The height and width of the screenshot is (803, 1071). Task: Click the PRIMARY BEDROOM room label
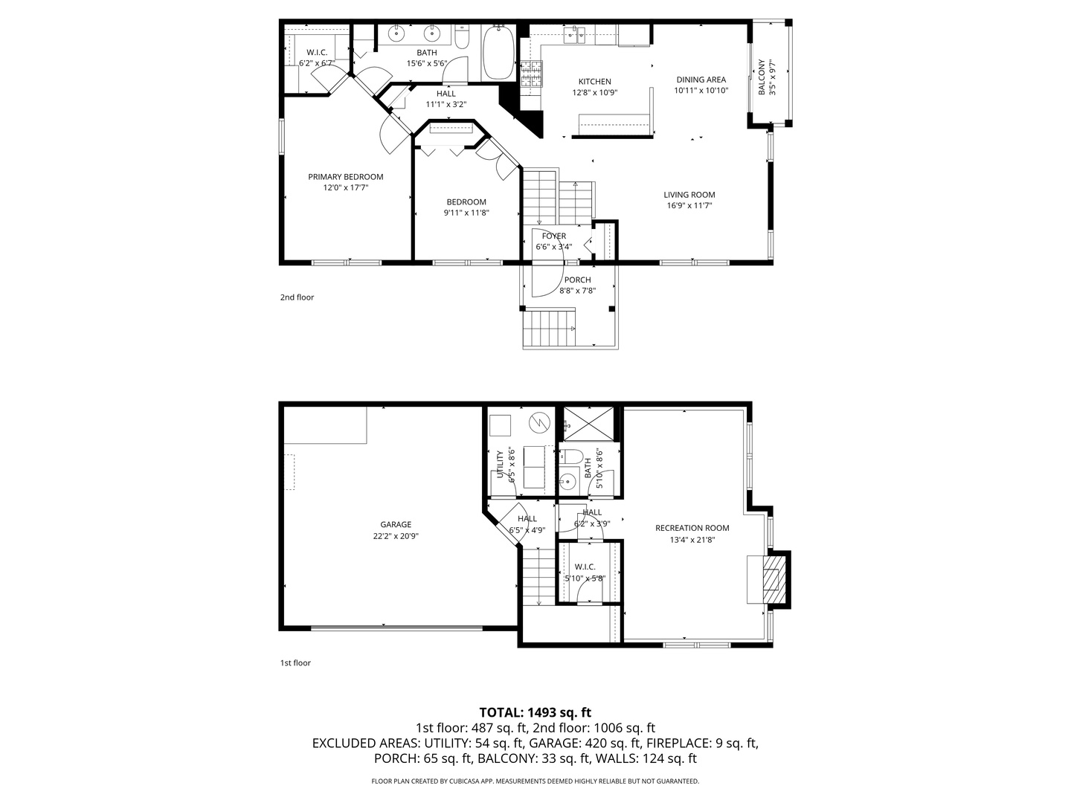(x=346, y=177)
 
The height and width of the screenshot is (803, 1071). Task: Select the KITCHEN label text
(x=594, y=82)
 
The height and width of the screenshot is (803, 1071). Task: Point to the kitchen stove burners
(x=531, y=75)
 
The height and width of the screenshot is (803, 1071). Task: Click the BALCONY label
(x=762, y=77)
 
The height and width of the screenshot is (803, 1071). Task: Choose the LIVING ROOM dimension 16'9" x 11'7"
(x=689, y=205)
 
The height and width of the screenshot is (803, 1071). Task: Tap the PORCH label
(x=577, y=280)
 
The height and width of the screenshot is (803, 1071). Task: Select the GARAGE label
(x=396, y=524)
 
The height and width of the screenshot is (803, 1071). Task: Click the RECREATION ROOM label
(x=692, y=528)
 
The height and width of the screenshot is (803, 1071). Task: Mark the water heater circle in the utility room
(x=538, y=423)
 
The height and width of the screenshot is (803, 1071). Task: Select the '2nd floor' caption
(x=297, y=297)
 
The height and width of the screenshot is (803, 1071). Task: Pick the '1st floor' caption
(x=295, y=662)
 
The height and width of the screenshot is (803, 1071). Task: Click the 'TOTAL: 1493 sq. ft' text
(x=535, y=712)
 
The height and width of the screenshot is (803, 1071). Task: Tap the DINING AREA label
(x=701, y=80)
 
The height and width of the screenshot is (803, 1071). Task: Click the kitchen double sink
(x=573, y=34)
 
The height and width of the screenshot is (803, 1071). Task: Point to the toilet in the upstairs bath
(x=462, y=38)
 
